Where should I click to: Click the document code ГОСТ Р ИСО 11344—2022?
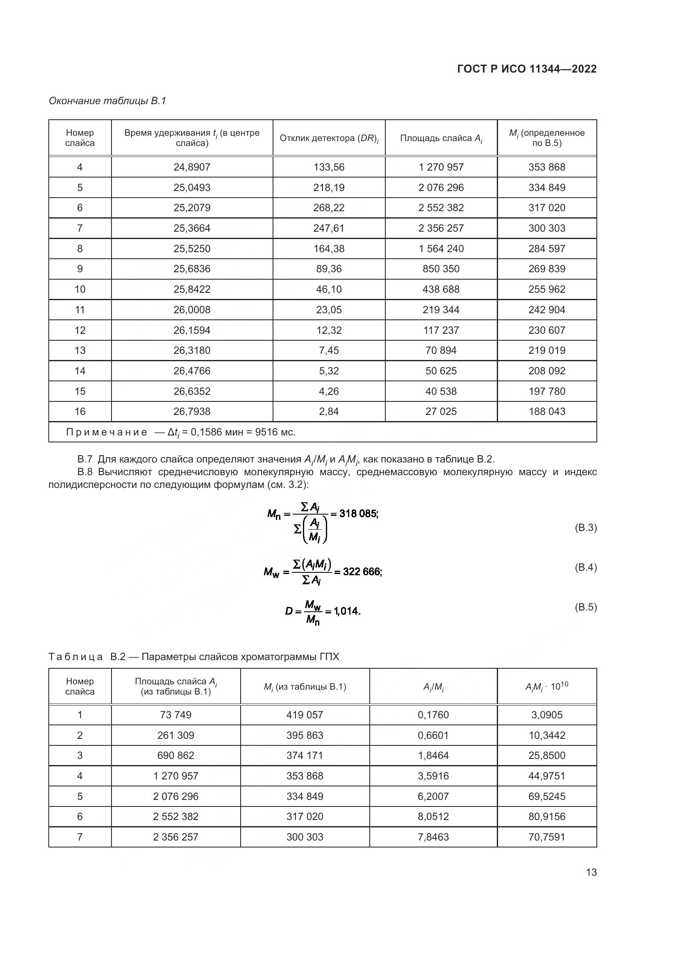point(527,69)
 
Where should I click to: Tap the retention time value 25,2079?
point(191,207)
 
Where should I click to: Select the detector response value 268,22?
point(329,207)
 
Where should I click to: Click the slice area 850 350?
point(441,269)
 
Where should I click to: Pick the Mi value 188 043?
point(546,411)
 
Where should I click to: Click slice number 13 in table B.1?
point(80,350)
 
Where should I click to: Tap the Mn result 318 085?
point(358,513)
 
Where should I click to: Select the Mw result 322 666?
point(362,571)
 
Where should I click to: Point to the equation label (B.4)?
point(585,567)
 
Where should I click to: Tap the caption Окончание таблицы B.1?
point(107,101)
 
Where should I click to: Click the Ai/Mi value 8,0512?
point(433,816)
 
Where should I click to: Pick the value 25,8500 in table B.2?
point(546,755)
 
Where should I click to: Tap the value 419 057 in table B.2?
point(304,715)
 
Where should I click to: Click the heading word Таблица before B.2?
point(75,657)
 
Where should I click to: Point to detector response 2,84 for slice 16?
point(329,411)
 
